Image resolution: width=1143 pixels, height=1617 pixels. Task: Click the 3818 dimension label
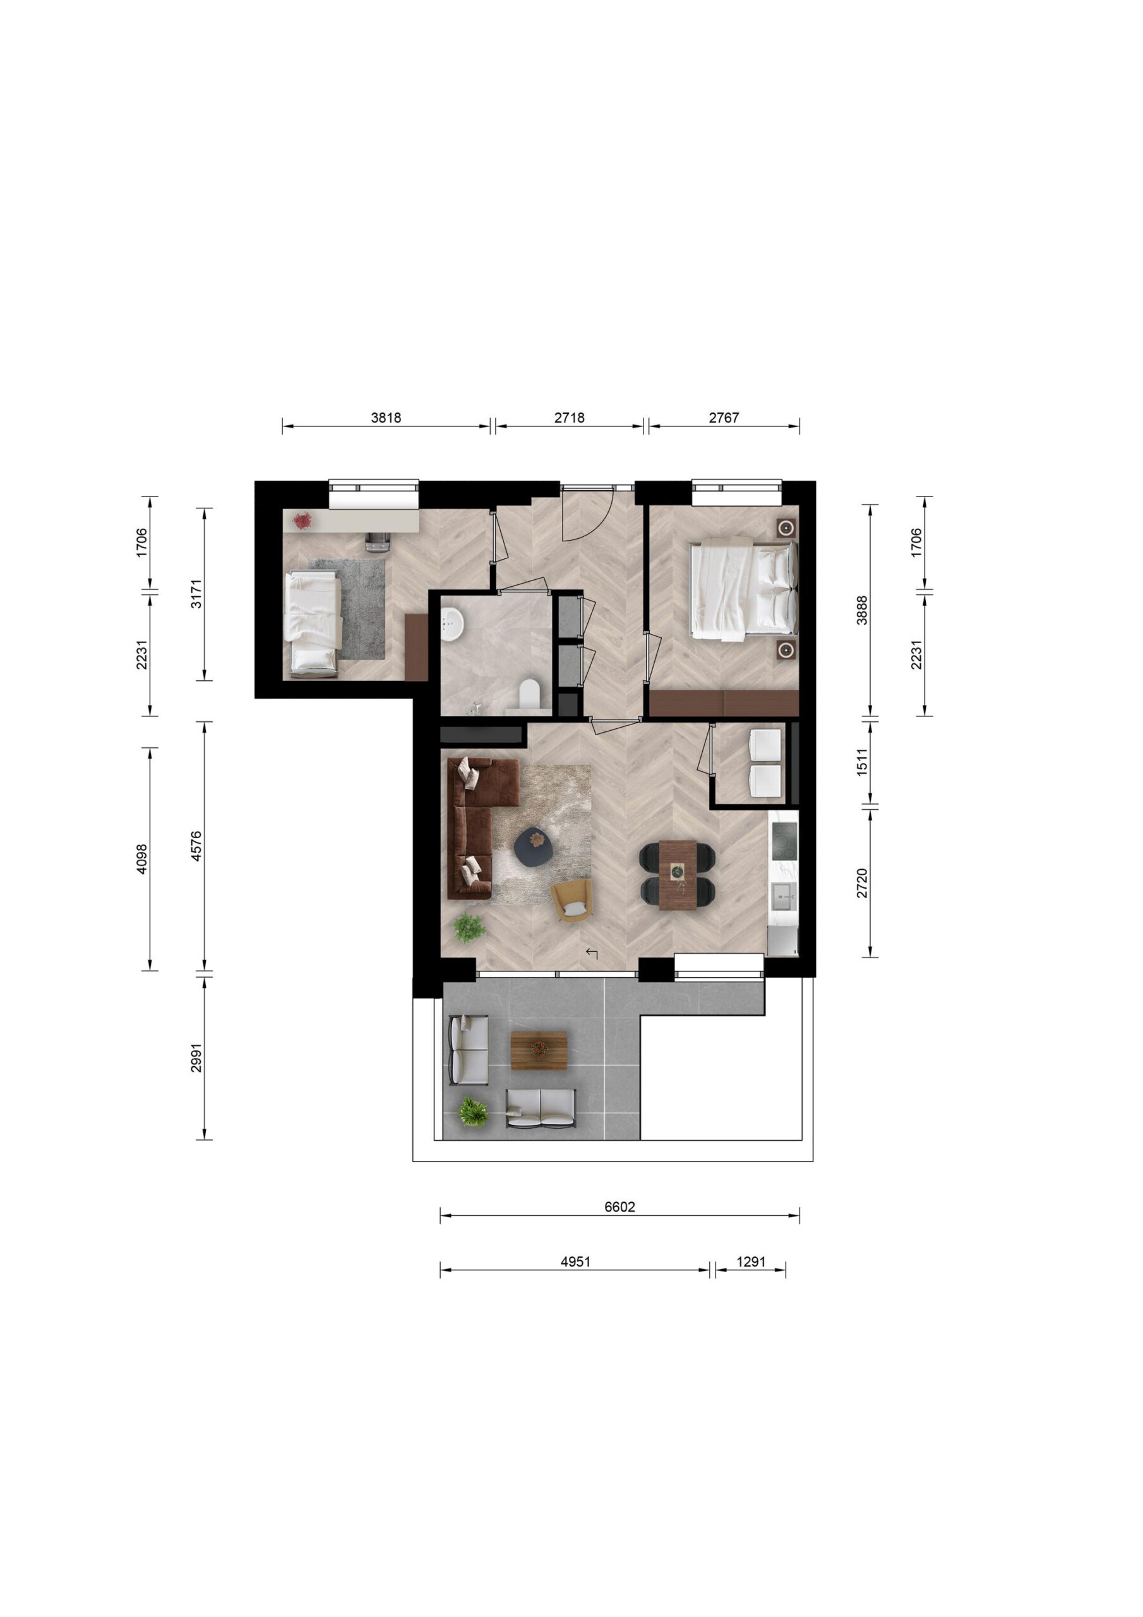tap(386, 418)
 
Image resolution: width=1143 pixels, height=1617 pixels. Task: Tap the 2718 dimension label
tap(569, 418)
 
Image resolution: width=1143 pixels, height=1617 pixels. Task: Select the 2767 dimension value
tap(724, 418)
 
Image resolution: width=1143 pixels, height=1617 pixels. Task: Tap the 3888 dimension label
tap(862, 610)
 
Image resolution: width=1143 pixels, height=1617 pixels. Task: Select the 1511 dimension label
tap(862, 762)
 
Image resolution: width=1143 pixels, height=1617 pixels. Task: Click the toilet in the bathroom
tap(529, 693)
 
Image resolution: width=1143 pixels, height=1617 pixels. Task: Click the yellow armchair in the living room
tap(573, 900)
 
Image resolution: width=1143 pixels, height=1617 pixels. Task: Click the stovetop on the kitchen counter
tap(783, 839)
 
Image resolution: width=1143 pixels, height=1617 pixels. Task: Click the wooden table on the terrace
tap(539, 1052)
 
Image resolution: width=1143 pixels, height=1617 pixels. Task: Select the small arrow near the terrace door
tap(592, 954)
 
